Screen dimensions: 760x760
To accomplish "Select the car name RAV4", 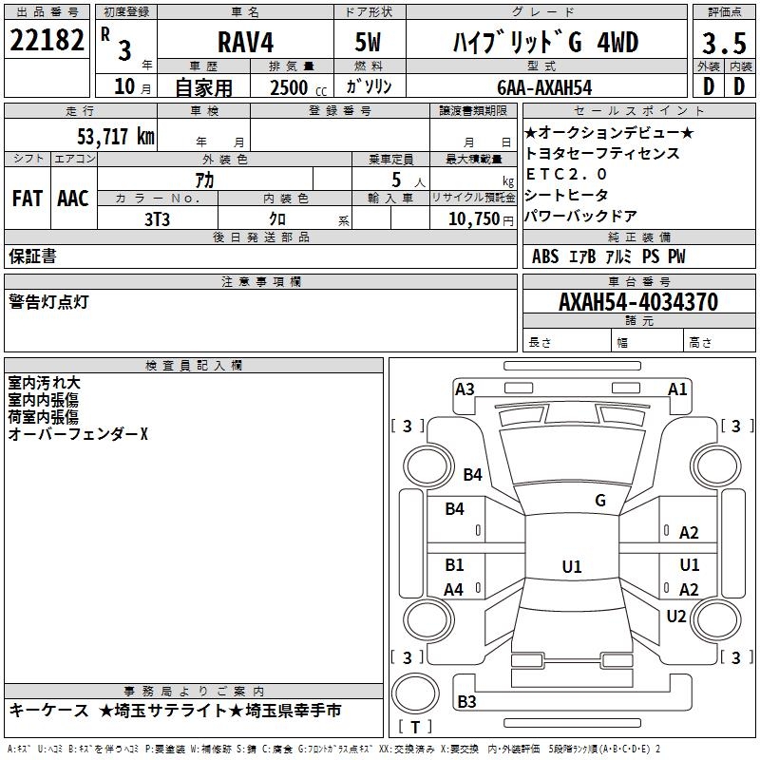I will (244, 43).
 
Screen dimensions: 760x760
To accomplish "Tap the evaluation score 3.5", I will (722, 44).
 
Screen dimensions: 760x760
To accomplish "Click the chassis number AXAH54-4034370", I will (637, 303).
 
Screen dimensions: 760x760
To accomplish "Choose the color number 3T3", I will (157, 218).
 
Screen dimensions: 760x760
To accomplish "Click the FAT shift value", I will (27, 199).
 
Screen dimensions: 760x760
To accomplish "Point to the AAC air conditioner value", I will (73, 199).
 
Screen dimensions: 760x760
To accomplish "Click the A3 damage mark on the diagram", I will (465, 389).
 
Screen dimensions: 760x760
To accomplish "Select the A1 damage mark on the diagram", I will (677, 389).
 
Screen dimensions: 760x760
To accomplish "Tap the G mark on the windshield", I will (600, 501).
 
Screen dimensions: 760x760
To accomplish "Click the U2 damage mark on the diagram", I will (675, 617).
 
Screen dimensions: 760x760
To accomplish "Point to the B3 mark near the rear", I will (466, 702).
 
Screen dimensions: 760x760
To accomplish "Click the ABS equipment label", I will (545, 256).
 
